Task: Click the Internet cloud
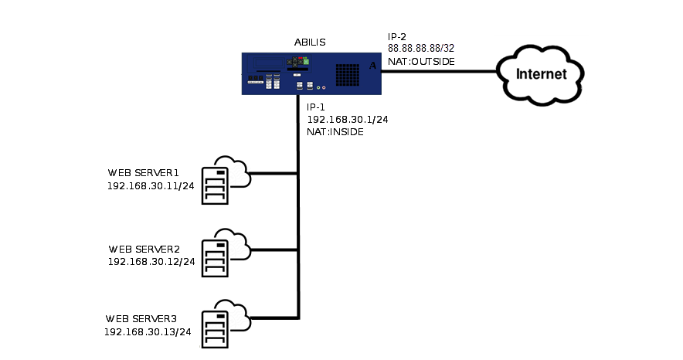(541, 74)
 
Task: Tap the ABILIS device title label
(311, 42)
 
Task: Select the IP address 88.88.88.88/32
(421, 48)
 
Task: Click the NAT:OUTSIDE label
(421, 60)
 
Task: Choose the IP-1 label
(317, 107)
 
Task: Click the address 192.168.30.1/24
(347, 120)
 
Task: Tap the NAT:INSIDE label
(335, 132)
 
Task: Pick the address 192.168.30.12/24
(151, 262)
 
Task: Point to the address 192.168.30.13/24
(148, 331)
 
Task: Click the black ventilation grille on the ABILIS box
(348, 73)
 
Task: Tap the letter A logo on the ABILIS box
(373, 66)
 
